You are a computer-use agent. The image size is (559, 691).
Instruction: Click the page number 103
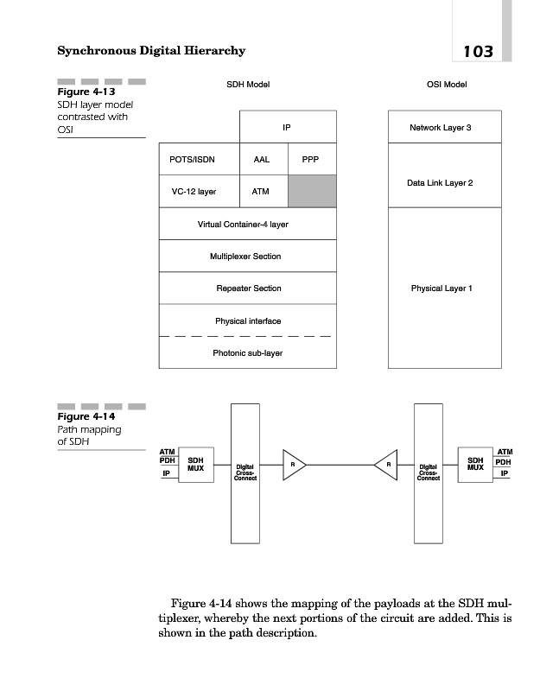[x=478, y=51]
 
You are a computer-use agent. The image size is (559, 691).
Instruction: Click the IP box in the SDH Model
[x=287, y=128]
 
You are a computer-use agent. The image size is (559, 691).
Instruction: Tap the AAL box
[x=263, y=160]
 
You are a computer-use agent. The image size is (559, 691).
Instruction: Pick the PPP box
[x=311, y=160]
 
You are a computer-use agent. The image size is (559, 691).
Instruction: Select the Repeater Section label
[x=248, y=288]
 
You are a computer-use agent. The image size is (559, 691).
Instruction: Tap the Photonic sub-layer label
[x=247, y=352]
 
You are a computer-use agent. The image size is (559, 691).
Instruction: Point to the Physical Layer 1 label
[x=441, y=288]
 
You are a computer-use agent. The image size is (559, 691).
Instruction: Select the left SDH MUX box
[x=196, y=465]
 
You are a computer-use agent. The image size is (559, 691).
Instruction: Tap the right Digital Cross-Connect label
[x=429, y=472]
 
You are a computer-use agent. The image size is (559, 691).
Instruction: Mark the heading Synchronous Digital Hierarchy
[x=151, y=51]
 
